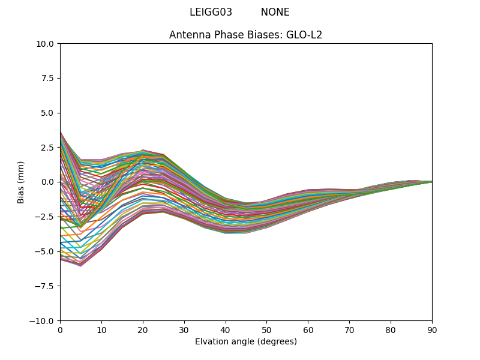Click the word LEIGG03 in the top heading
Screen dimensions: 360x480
pos(211,13)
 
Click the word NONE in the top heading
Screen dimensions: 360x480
pos(275,13)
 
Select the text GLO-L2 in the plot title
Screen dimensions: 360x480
pos(304,35)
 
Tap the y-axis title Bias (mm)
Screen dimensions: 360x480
pos(21,182)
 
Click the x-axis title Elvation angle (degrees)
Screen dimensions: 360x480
pos(246,342)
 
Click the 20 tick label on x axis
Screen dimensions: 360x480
pos(143,330)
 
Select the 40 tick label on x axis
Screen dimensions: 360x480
pos(226,330)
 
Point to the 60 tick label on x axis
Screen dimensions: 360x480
pos(308,330)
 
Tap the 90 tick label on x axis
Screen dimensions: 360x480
pos(432,330)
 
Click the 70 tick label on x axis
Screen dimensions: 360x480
pos(349,330)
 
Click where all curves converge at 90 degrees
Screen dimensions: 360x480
pos(431,182)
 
